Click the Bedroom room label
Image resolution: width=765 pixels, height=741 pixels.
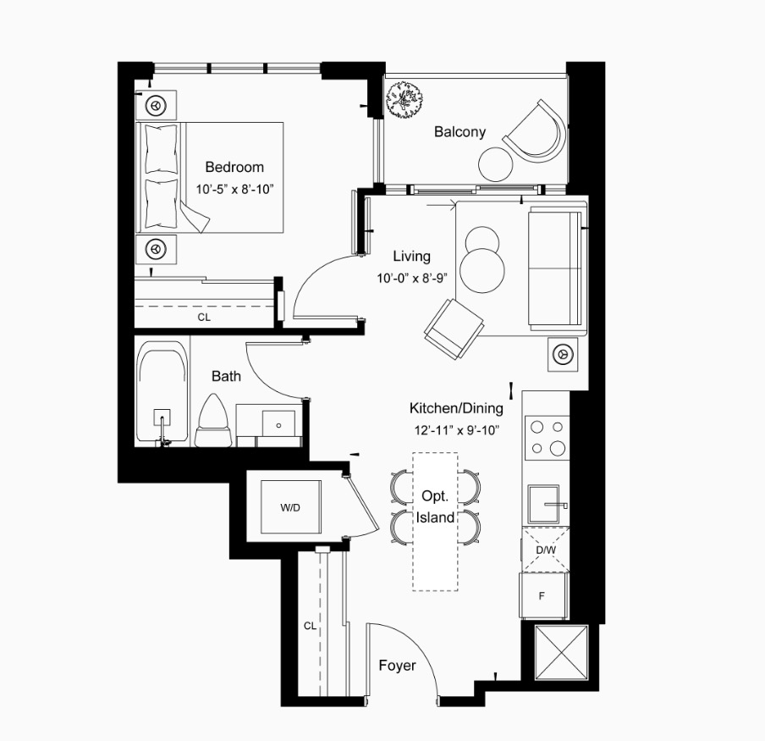[x=234, y=168]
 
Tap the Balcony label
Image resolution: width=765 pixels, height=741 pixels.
[x=460, y=132]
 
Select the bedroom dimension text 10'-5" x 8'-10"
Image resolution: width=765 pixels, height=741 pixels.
[x=234, y=190]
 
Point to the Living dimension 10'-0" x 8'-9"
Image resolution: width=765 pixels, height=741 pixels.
[x=412, y=279]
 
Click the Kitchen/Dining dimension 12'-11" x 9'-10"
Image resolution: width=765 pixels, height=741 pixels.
[x=456, y=430]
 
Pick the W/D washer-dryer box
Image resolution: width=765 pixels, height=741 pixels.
[x=291, y=507]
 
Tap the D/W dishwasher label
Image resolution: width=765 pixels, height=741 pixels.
[x=546, y=550]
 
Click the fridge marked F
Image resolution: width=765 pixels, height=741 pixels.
[x=542, y=596]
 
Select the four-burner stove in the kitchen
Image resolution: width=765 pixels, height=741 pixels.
[x=547, y=438]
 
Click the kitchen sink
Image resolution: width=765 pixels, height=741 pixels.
[x=543, y=504]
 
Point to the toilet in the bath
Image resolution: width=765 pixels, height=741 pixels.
[x=214, y=420]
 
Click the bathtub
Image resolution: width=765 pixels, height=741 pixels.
[x=162, y=392]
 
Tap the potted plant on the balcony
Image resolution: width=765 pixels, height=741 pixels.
[x=404, y=100]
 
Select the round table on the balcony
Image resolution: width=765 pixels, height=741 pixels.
[x=496, y=164]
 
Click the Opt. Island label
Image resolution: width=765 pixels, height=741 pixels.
[x=435, y=506]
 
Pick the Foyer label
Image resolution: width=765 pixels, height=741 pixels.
[x=397, y=666]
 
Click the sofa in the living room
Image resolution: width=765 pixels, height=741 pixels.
[x=555, y=268]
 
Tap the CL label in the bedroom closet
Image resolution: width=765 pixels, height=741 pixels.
[x=204, y=318]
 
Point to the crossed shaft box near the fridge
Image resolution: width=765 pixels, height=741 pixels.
[x=562, y=652]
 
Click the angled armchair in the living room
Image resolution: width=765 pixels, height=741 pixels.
[x=454, y=329]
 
